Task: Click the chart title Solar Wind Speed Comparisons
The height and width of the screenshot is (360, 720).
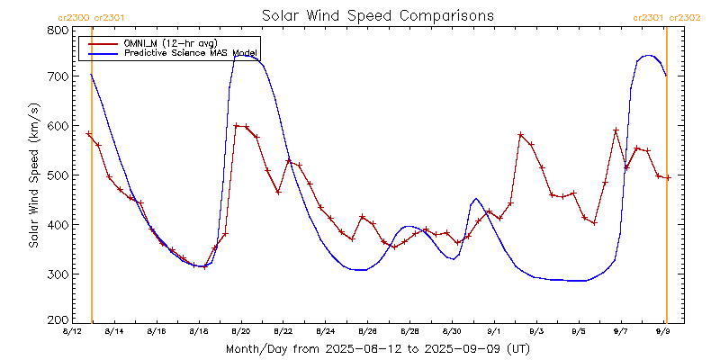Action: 377,15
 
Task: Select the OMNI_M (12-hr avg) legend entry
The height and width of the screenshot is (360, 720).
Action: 167,42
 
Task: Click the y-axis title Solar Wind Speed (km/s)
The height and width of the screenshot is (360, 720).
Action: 33,175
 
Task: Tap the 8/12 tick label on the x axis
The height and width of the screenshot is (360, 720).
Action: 72,332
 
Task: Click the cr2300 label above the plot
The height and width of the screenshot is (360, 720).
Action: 73,17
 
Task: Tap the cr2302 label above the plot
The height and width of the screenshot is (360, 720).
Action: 683,17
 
